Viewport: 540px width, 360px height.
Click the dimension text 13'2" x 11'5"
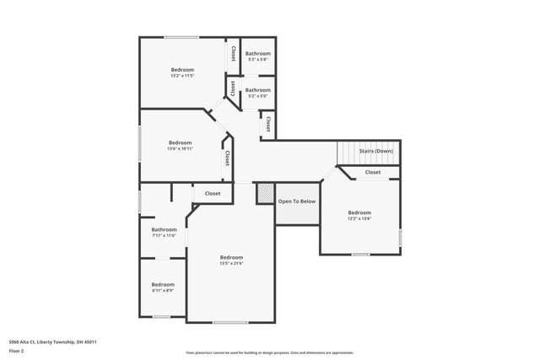182,76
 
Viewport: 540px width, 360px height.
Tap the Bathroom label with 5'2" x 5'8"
258,60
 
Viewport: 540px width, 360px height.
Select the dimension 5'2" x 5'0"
258,96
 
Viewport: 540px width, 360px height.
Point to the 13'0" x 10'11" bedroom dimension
181,149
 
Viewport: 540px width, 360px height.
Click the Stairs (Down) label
375,151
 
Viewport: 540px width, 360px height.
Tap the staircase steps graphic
350,153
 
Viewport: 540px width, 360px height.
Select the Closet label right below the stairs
372,172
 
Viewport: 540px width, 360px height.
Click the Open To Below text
297,201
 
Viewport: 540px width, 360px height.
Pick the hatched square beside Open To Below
266,194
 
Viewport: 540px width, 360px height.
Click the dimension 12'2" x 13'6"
359,219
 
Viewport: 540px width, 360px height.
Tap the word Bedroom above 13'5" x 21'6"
231,257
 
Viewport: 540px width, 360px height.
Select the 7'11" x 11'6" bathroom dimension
164,236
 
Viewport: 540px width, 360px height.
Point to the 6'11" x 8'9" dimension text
163,291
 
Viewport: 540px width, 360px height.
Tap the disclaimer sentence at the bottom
270,353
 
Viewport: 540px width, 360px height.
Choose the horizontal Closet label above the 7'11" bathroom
213,193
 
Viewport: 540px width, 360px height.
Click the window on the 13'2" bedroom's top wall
181,37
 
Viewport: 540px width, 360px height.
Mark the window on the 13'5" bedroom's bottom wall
230,322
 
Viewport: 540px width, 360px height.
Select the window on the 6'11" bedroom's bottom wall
162,317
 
